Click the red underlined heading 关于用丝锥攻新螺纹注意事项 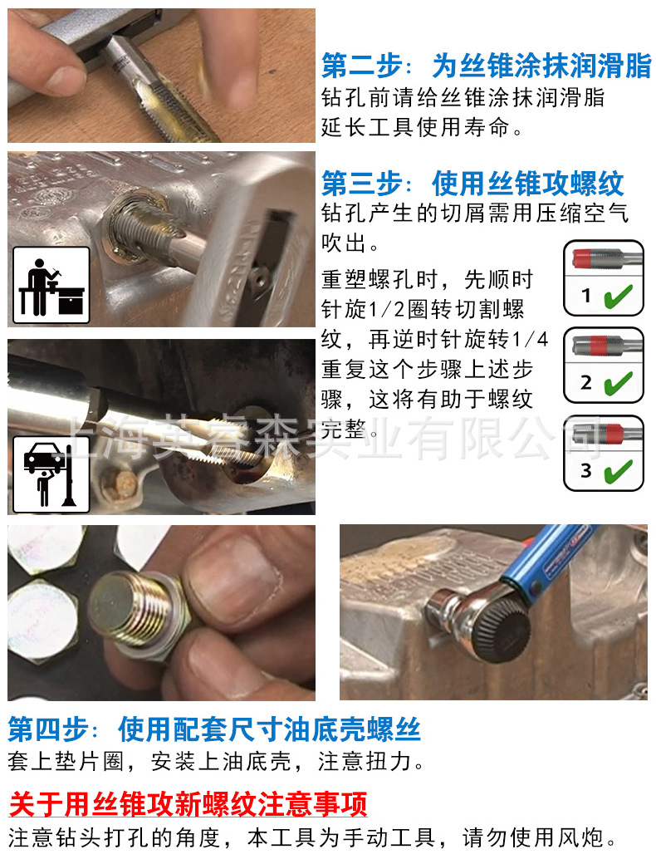click(x=188, y=804)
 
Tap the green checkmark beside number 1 click(x=619, y=296)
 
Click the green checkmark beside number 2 click(x=619, y=383)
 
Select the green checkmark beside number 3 click(x=619, y=471)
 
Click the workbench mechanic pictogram click(x=51, y=285)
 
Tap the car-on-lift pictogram click(x=51, y=474)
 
